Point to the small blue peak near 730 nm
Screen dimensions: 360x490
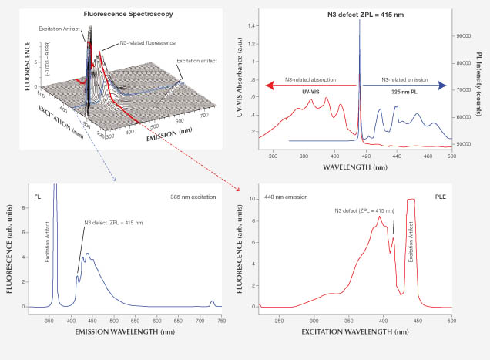point(213,302)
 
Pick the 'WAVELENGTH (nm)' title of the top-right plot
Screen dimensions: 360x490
point(355,166)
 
